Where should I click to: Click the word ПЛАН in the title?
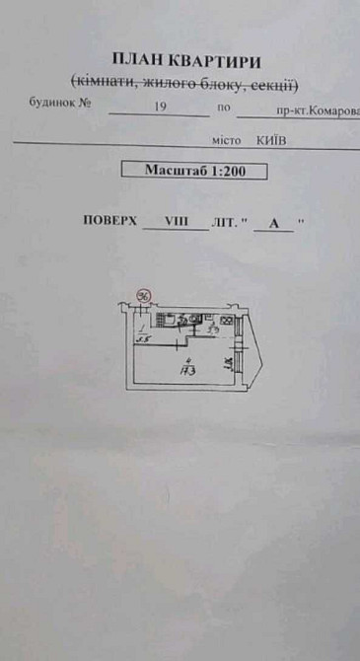(135, 62)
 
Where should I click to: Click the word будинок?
(51, 101)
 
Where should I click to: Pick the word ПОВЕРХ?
(110, 222)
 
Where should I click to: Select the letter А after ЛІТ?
(274, 224)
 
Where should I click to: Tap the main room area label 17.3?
(184, 371)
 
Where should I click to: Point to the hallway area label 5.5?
(143, 338)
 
